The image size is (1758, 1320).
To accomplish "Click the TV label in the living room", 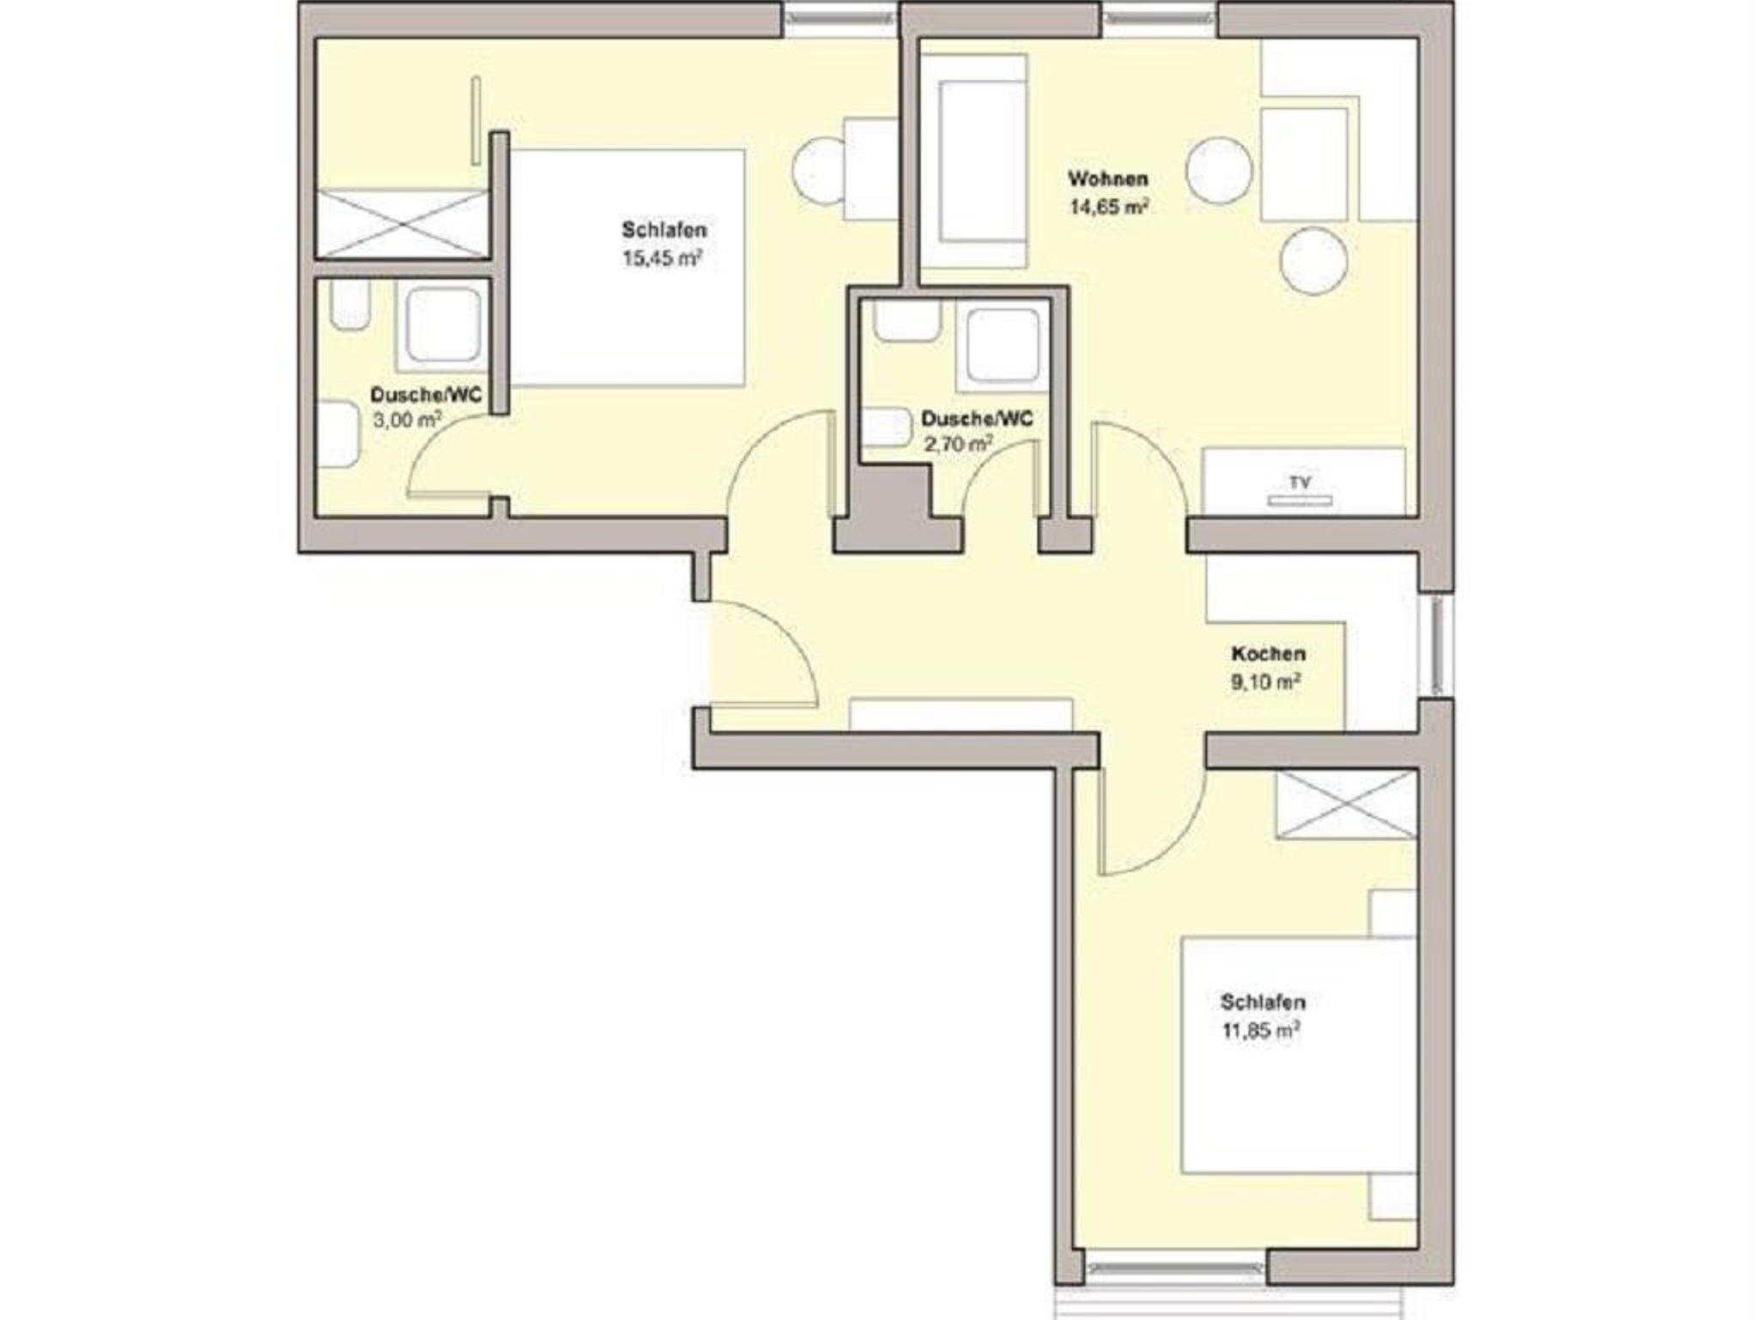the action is [x=1300, y=483].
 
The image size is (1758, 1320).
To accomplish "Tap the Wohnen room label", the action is [x=1107, y=179].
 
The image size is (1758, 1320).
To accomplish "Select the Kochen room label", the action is [x=1268, y=654].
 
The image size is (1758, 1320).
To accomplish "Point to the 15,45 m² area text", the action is [x=663, y=257].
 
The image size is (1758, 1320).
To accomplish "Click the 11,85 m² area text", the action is [x=1259, y=1030].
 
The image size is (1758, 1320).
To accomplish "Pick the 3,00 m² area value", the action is [x=407, y=420].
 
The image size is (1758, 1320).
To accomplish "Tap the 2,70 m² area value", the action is [x=957, y=444].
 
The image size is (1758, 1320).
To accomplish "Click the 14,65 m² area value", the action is [x=1108, y=207].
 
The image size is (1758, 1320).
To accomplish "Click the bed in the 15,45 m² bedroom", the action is [x=627, y=268].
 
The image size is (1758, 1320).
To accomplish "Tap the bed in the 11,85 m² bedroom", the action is [x=1298, y=1055].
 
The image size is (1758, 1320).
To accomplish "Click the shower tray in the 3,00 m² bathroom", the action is [x=443, y=325].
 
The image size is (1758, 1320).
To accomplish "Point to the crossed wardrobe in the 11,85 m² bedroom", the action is [x=1345, y=804].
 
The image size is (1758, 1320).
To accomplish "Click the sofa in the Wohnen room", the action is [x=973, y=162].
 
